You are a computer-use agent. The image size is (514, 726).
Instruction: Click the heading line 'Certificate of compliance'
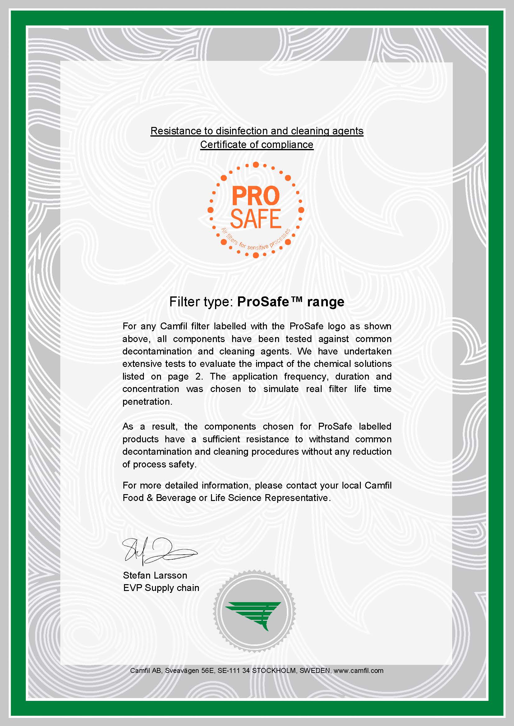pos(257,145)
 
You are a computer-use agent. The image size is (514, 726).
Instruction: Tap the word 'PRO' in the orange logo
pos(255,196)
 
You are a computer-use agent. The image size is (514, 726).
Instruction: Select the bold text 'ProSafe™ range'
pos(291,302)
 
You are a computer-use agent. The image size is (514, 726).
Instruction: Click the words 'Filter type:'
pos(201,302)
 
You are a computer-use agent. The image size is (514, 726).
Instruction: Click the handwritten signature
pos(158,551)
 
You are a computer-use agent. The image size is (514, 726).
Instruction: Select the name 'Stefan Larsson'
pos(155,575)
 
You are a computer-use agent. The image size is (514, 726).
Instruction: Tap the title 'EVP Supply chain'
pos(161,588)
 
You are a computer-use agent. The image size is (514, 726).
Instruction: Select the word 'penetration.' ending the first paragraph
pos(147,402)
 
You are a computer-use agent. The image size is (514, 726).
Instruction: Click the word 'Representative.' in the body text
pos(297,498)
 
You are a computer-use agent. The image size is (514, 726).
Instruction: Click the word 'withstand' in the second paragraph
pos(329,439)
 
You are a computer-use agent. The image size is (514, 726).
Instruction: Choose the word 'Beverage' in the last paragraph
pos(176,498)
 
